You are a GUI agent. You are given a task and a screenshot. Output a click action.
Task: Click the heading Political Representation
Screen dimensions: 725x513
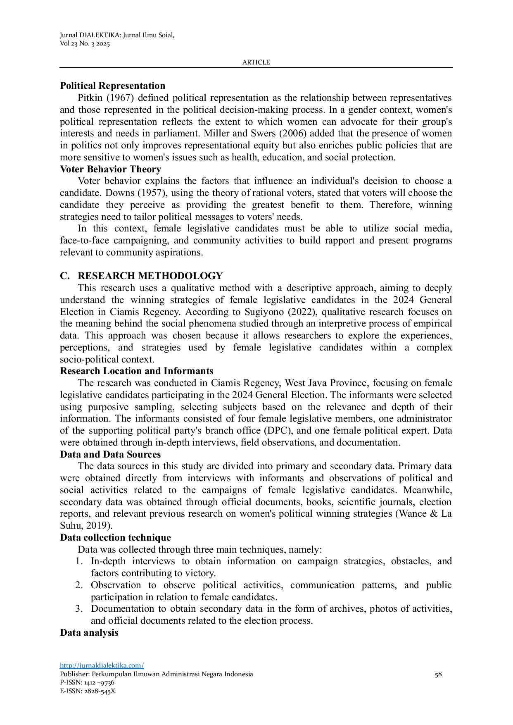click(112, 86)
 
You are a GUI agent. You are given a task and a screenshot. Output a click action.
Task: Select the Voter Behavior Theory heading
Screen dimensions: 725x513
click(110, 169)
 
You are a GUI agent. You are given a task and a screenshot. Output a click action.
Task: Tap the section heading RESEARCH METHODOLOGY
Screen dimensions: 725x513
click(150, 276)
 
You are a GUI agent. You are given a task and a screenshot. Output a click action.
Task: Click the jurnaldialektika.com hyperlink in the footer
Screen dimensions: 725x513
click(102, 665)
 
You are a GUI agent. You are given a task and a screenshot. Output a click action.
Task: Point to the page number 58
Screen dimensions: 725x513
click(438, 674)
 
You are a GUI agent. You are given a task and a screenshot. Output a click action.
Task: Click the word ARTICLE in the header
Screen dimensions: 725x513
click(256, 62)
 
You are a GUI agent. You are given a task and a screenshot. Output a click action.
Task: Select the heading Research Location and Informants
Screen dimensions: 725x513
click(136, 371)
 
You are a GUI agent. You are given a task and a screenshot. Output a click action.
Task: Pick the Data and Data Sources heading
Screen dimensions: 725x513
click(110, 454)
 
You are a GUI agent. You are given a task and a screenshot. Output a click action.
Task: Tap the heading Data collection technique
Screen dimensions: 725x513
click(115, 537)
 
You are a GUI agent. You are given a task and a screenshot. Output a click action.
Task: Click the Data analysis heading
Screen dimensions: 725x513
click(89, 632)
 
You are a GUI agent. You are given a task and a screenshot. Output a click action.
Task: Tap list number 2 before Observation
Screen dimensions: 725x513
click(79, 585)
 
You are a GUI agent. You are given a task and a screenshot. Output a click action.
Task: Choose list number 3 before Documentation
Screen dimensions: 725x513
click(79, 608)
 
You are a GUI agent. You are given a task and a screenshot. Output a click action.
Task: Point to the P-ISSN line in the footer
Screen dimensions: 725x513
click(87, 682)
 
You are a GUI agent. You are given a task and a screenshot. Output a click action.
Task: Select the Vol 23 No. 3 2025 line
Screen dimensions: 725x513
click(85, 44)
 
